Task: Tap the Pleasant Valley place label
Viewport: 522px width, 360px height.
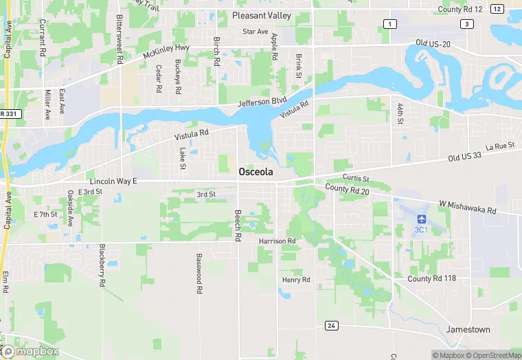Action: (262, 15)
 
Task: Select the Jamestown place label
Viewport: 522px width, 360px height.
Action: (468, 330)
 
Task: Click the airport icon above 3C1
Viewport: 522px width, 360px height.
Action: (420, 218)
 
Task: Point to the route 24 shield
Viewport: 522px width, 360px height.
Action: (331, 325)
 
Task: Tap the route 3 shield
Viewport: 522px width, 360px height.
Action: (468, 24)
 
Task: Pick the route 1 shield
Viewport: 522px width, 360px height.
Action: (389, 24)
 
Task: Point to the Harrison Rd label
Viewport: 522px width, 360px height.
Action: (277, 241)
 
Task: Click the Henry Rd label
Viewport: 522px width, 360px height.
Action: (296, 280)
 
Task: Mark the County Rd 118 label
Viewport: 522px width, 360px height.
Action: (431, 278)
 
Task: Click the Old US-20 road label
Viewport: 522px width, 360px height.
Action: (433, 43)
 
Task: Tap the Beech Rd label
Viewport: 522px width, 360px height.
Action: (238, 225)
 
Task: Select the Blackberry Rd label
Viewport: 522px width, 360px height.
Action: (102, 265)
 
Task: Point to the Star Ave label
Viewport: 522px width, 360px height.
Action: (256, 32)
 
